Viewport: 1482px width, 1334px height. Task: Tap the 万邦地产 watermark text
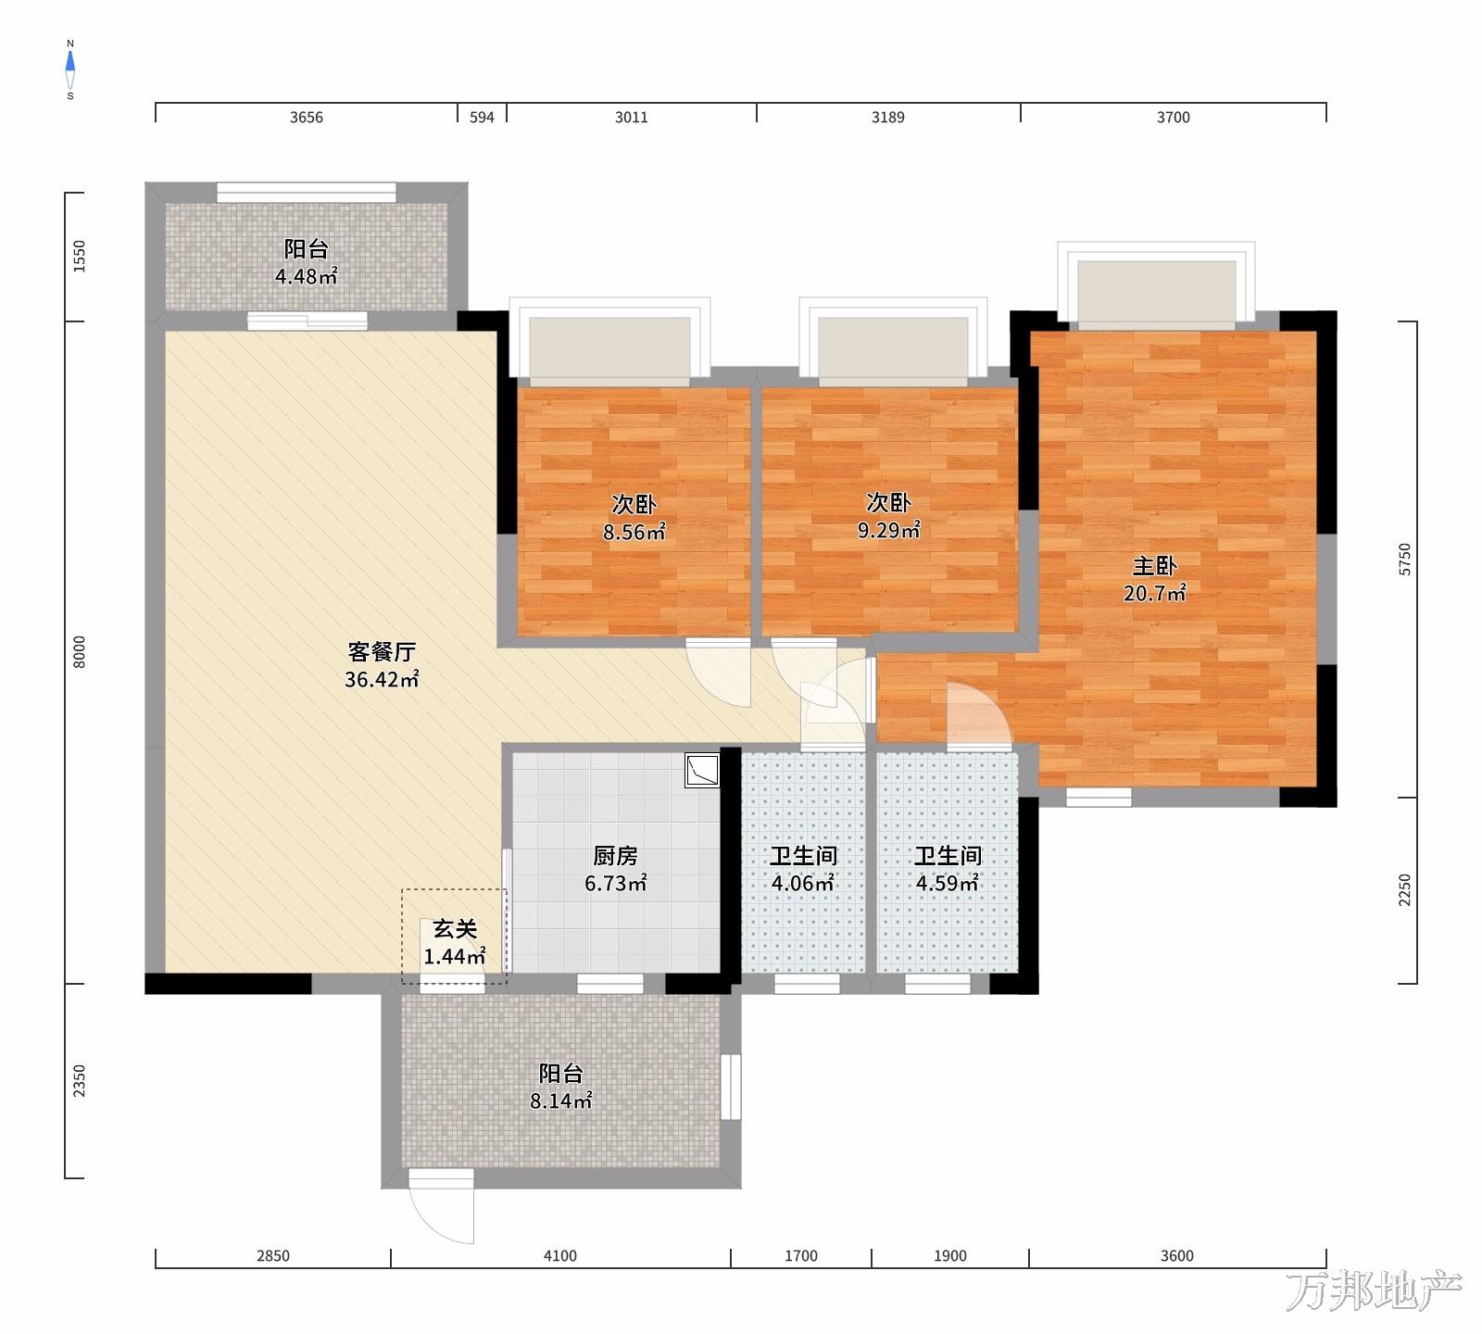coord(1374,1290)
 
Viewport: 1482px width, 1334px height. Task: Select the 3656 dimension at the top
coord(307,118)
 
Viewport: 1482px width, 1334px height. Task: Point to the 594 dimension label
coord(483,118)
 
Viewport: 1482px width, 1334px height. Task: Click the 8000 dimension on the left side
coord(80,653)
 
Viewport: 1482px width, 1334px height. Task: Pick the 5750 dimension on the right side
coord(1406,560)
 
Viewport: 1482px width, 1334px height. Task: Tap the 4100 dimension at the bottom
coord(560,1256)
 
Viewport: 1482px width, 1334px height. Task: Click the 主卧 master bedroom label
coord(1154,566)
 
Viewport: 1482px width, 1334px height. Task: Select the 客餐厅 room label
coord(382,651)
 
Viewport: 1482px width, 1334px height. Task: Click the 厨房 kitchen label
coord(615,856)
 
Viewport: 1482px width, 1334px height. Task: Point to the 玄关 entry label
coord(455,929)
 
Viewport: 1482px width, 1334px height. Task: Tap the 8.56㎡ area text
coord(634,533)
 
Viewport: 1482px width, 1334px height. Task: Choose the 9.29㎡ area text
coord(889,531)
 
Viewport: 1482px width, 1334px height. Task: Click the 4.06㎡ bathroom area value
coord(803,884)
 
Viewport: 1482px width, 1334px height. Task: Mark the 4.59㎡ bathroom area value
coord(948,884)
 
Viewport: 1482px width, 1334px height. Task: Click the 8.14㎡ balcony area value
coord(561,1101)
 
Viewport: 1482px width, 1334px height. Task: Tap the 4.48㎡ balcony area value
coord(306,276)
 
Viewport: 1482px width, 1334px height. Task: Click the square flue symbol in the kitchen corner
coord(702,771)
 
